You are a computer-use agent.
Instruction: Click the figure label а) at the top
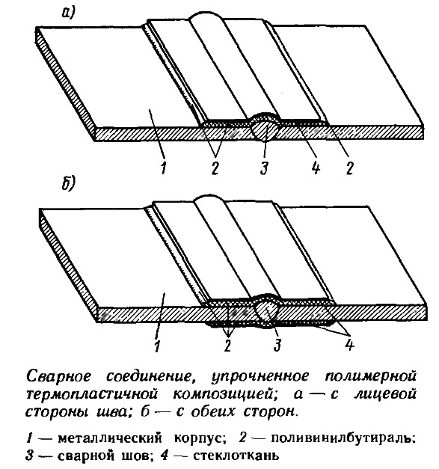tap(68, 13)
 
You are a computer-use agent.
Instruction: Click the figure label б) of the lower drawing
tap(69, 183)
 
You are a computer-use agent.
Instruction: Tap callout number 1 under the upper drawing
tap(163, 168)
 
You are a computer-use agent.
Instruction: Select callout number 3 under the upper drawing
tap(264, 168)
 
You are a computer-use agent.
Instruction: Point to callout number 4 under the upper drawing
tap(315, 168)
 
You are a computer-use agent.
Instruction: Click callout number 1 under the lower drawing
tap(158, 346)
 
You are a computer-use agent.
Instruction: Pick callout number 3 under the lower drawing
tap(277, 345)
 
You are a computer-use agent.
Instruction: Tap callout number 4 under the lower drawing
tap(349, 345)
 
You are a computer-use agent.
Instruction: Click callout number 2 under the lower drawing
tap(228, 345)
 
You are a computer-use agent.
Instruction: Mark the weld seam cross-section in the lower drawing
tap(267, 310)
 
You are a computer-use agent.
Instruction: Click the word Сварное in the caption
tap(58, 377)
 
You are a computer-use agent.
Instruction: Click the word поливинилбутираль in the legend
tap(343, 439)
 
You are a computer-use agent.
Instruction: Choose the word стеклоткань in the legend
tap(236, 456)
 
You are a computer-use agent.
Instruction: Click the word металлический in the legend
tap(110, 439)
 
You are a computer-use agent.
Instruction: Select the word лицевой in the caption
tap(385, 395)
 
